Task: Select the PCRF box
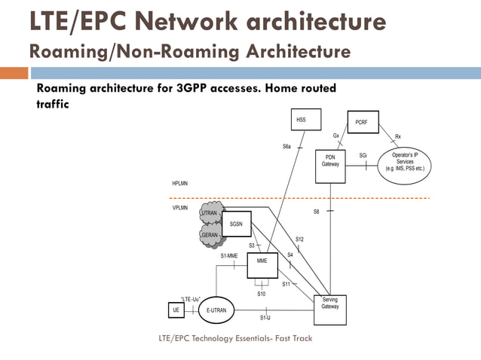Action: tap(361, 121)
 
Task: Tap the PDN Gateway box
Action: tap(330, 166)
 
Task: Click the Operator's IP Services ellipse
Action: tap(405, 161)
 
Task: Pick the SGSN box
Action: tap(236, 224)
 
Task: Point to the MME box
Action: tap(262, 261)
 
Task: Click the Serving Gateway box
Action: tap(329, 309)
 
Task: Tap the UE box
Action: tap(173, 310)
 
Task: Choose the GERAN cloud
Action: tap(210, 235)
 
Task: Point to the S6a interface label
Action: tap(287, 146)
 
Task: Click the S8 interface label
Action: tap(317, 212)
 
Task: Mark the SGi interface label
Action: tap(363, 156)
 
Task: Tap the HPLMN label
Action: tap(181, 184)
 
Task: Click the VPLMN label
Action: tap(181, 207)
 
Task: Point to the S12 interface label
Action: tap(299, 239)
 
